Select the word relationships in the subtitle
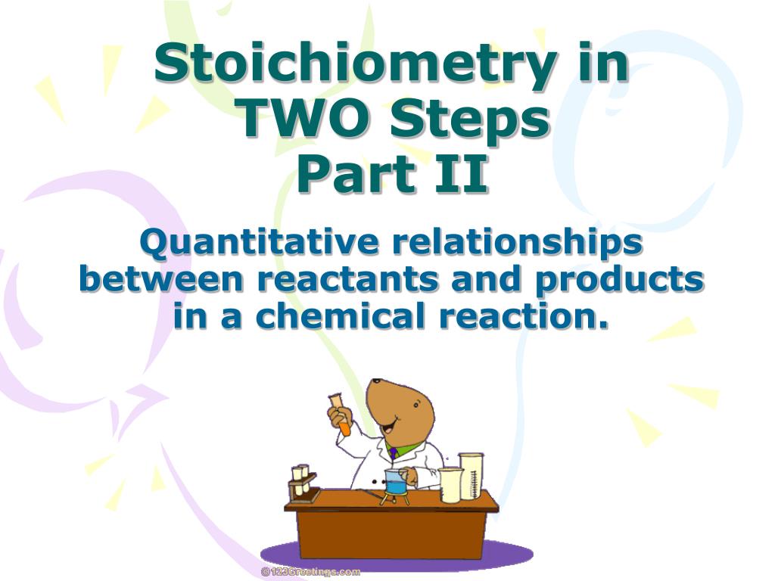click(x=517, y=244)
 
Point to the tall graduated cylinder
click(x=471, y=476)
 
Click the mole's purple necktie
click(x=393, y=453)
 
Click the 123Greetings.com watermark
click(x=311, y=572)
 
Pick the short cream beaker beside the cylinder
click(x=450, y=484)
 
